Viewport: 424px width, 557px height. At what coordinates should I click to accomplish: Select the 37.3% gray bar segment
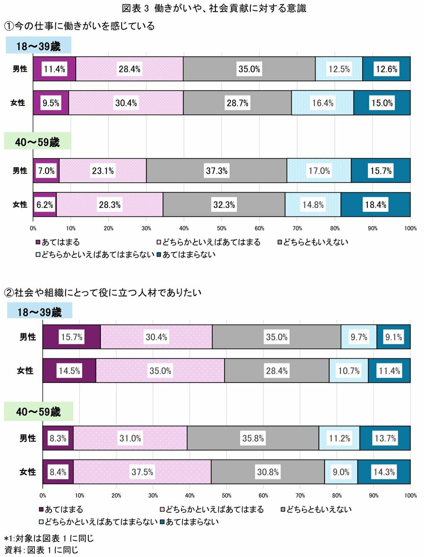tap(216, 170)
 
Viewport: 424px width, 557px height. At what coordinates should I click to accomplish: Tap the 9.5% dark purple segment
tap(51, 103)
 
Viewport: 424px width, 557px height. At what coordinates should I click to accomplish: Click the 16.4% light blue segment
tap(322, 103)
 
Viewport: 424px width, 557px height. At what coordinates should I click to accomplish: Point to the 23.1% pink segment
tap(103, 170)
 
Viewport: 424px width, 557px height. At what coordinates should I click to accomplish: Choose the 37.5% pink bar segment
tap(142, 472)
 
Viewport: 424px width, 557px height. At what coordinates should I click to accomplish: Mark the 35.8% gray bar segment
tap(253, 438)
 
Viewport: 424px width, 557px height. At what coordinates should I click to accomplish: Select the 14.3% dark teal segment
tap(384, 472)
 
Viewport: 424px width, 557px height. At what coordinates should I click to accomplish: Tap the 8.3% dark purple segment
tap(58, 438)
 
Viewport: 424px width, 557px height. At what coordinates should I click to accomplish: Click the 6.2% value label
tap(45, 204)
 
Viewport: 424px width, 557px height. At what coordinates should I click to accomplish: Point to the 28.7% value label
tap(237, 103)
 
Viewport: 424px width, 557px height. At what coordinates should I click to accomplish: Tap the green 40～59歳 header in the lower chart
tap(39, 412)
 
